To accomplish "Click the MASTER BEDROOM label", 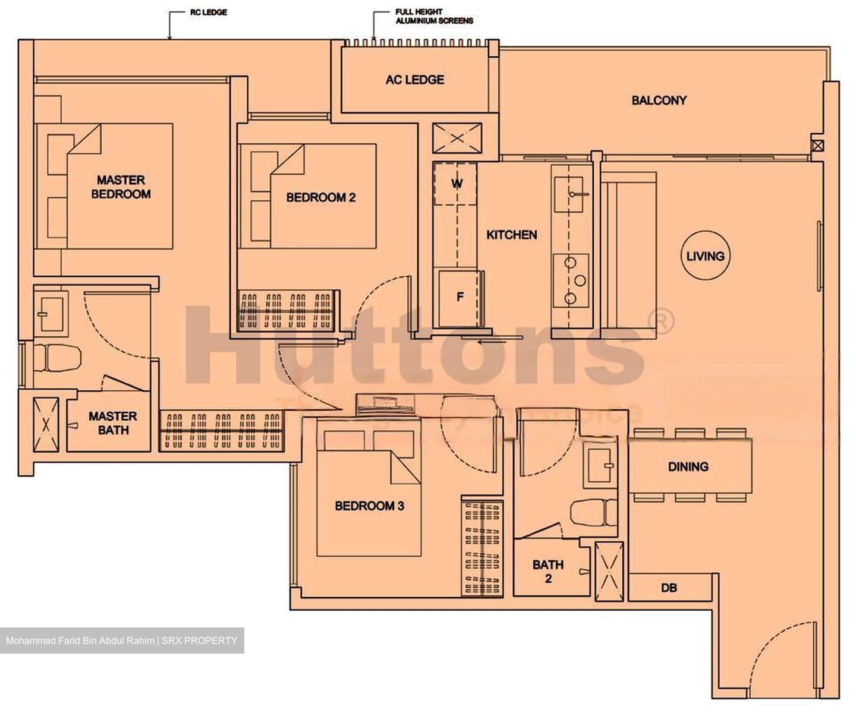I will pos(121,187).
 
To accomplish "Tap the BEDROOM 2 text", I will pos(320,197).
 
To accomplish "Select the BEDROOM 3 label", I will pos(369,506).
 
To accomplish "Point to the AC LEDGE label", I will pos(414,80).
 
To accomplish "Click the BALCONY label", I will pos(659,100).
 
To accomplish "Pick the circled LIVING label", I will pos(705,256).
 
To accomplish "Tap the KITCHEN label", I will pos(511,235).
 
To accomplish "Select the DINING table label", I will pos(688,466).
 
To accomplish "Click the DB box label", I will pos(669,588).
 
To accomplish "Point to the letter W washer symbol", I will pos(456,184).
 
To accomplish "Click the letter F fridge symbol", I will pos(460,297).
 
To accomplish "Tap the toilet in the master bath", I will pos(56,358).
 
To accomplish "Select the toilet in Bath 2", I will pos(593,512).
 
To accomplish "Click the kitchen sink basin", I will pos(571,194).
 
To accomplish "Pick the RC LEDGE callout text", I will pos(208,12).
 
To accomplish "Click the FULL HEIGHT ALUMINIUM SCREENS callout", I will pos(434,16).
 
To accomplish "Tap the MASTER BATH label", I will pos(112,422).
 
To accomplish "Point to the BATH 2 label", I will pos(547,571).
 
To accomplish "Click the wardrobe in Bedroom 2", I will pos(287,309).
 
